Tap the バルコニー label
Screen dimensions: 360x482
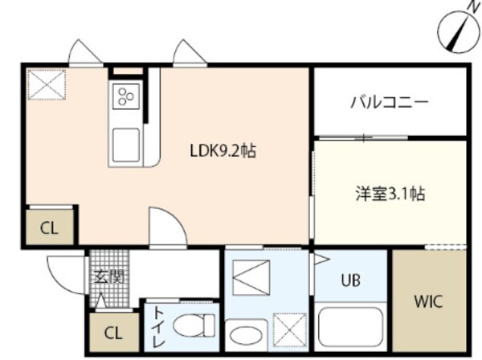pos(390,102)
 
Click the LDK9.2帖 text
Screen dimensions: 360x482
pos(223,150)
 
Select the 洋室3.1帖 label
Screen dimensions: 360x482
pos(390,193)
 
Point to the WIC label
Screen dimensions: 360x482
pos(427,302)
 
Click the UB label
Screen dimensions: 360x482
pos(350,280)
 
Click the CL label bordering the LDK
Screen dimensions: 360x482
pos(49,227)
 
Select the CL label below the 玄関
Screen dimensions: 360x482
pos(112,332)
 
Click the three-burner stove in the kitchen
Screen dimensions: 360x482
pos(126,97)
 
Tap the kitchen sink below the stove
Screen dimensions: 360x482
pos(126,144)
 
